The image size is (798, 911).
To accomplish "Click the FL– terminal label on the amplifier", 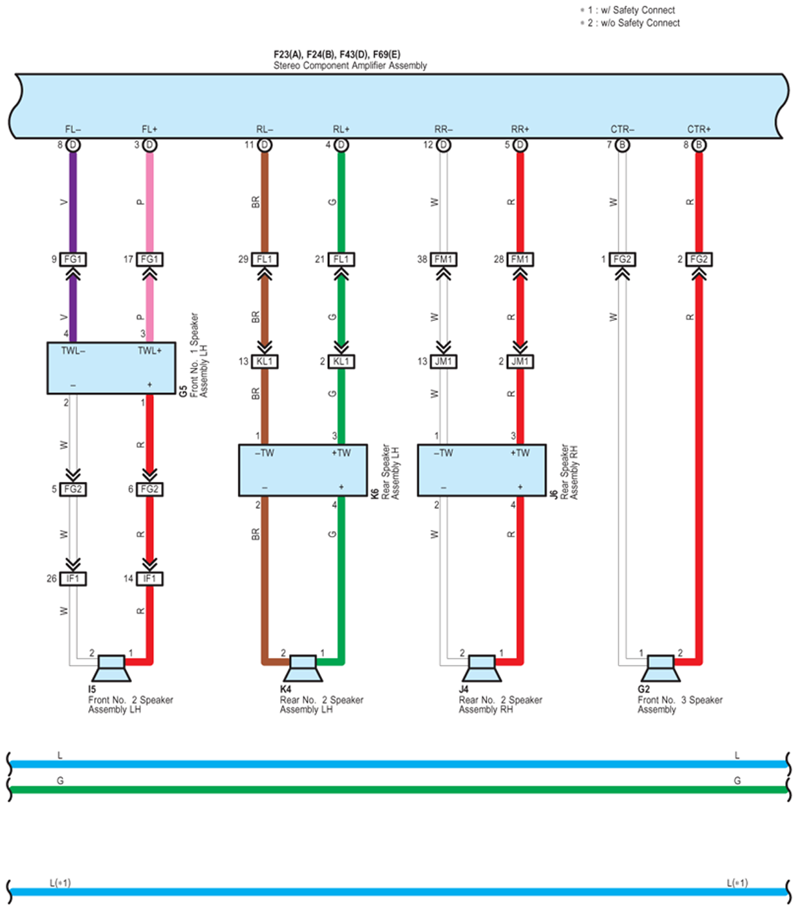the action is click(x=73, y=129).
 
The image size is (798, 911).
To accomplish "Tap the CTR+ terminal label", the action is click(x=699, y=129).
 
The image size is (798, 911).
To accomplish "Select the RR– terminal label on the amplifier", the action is click(x=443, y=129).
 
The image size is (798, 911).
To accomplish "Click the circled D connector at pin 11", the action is click(x=265, y=145).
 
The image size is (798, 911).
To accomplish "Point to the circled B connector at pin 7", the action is click(x=622, y=145).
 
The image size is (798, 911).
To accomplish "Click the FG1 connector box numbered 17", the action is click(x=149, y=260).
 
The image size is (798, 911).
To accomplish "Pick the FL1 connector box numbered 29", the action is click(x=265, y=260).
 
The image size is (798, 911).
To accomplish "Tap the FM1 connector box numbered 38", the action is click(x=443, y=260).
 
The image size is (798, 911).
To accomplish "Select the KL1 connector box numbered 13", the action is click(x=265, y=361).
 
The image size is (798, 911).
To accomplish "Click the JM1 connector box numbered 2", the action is click(x=520, y=361).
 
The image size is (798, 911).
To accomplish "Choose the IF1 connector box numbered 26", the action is click(x=73, y=579).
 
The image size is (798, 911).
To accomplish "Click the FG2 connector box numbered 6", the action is click(x=149, y=489).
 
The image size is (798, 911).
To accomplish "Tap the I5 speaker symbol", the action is click(x=111, y=668).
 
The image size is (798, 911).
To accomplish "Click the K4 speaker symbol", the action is click(x=303, y=668).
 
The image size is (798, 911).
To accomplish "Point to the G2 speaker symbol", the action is click(x=660, y=668).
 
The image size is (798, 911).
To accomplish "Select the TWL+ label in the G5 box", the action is click(x=149, y=350).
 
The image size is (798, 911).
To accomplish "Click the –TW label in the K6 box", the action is click(x=264, y=453).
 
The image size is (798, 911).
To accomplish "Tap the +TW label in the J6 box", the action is click(x=520, y=453).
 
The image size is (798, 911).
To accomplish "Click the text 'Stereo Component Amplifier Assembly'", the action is click(x=350, y=66).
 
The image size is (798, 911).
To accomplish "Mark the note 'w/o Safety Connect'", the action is click(x=640, y=23).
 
